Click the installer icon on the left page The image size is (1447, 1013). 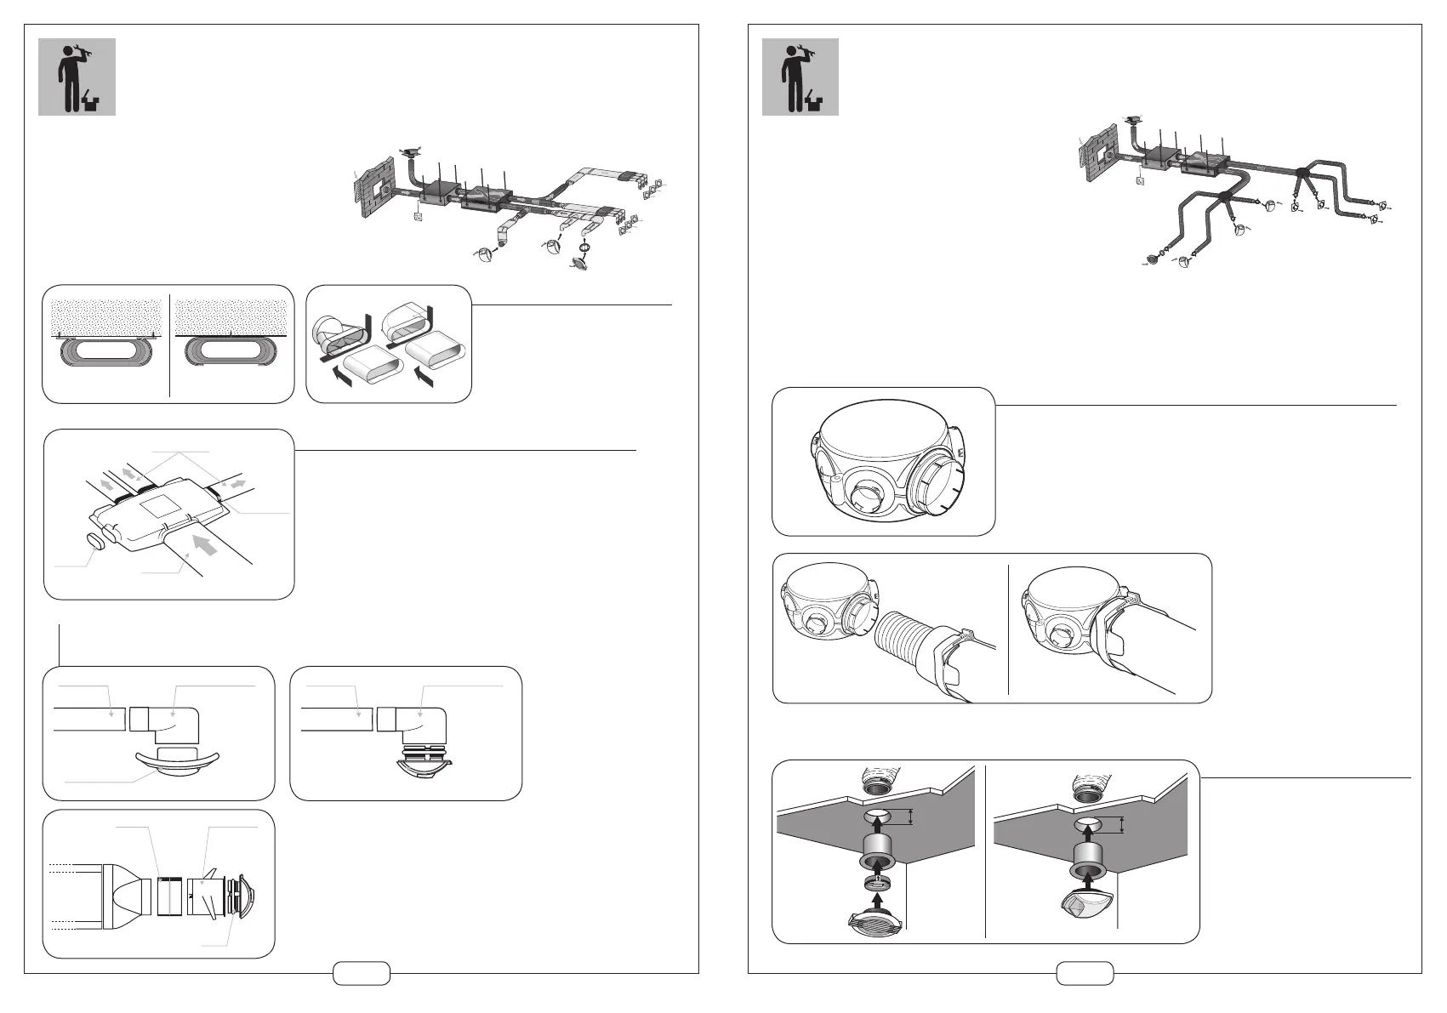click(77, 77)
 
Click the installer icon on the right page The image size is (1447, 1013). click(800, 77)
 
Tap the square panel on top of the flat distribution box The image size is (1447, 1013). click(164, 511)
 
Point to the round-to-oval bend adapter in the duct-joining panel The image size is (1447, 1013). click(334, 335)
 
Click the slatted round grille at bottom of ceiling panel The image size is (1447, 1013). click(877, 922)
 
